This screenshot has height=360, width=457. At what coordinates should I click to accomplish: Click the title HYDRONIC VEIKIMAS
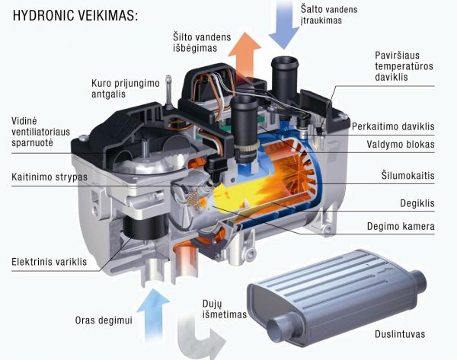coord(75,15)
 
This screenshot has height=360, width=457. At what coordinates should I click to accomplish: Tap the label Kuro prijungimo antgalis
coord(126,88)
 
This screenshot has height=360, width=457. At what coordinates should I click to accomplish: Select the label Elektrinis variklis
coord(49,262)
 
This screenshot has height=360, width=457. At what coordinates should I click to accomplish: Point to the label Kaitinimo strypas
coord(50,177)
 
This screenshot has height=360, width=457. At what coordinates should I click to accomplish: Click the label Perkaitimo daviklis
coord(393,126)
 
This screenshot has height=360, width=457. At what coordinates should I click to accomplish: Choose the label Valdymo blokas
coord(401,144)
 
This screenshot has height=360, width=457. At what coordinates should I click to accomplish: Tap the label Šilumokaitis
coord(408,175)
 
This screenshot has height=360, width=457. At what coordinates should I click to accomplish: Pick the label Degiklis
coord(417,203)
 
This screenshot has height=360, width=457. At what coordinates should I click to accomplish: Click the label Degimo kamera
coord(401,226)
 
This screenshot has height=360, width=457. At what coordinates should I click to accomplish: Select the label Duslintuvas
coord(400,334)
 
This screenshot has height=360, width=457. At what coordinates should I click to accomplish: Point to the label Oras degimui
coord(104,320)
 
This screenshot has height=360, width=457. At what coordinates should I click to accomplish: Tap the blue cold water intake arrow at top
coord(283,24)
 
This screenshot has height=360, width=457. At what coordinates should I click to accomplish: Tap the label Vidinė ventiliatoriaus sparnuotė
coord(41,132)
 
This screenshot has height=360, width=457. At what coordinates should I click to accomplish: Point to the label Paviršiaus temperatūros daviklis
coord(404,66)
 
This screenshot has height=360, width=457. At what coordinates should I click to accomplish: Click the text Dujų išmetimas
coord(225,309)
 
